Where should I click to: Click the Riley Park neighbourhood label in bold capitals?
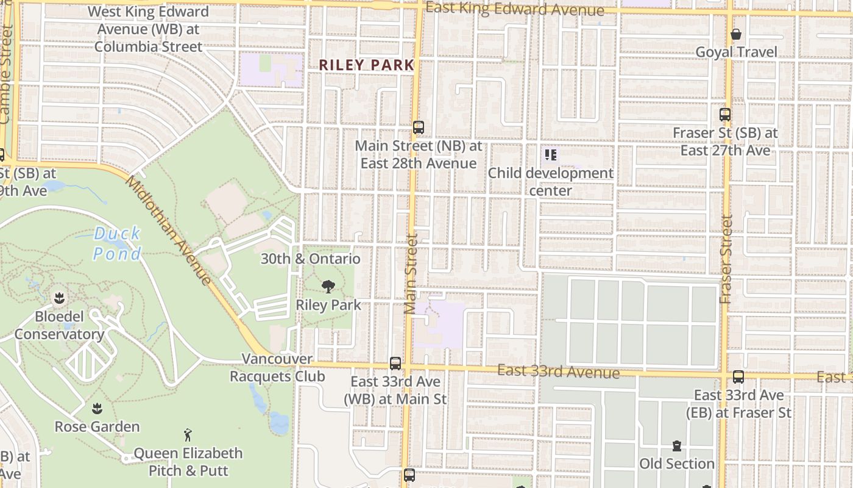(366, 65)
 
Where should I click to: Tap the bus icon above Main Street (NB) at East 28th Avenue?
(418, 127)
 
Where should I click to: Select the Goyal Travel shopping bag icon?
(736, 34)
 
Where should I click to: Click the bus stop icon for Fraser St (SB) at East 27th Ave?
(725, 114)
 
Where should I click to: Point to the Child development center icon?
(551, 155)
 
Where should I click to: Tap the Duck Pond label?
(117, 243)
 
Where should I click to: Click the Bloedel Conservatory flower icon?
(60, 298)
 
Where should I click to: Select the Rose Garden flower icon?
(96, 408)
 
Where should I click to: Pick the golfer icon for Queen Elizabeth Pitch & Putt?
(188, 435)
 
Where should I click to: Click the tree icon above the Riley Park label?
(328, 286)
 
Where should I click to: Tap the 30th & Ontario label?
(311, 259)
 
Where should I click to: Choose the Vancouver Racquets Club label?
(277, 367)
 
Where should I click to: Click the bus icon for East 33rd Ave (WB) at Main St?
(395, 364)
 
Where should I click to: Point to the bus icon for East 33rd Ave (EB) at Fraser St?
(738, 377)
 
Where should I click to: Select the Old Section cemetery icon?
(677, 446)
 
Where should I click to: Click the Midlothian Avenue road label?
(169, 231)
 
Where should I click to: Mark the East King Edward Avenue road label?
(515, 9)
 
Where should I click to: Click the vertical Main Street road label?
(411, 274)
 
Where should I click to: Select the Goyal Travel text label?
(737, 52)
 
